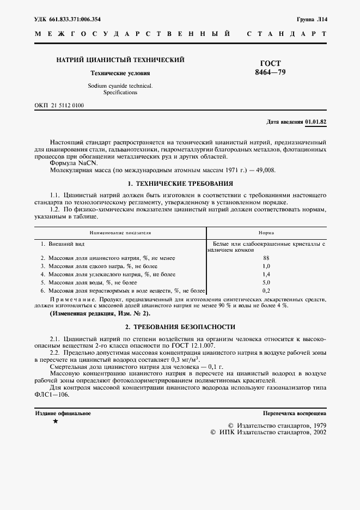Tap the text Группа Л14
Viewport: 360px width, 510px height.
(312, 19)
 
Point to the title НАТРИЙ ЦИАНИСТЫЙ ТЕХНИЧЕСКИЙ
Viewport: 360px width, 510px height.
(120, 59)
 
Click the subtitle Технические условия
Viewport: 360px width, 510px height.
(120, 72)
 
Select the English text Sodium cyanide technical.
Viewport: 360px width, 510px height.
(120, 86)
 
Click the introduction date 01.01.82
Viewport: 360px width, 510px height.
(316, 122)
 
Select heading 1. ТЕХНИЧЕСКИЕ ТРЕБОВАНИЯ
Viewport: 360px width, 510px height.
(180, 184)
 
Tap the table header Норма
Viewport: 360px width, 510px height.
(266, 232)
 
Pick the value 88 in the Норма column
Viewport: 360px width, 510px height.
(266, 258)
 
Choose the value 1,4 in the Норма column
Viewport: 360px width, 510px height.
(266, 275)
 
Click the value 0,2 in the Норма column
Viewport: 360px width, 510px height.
(266, 292)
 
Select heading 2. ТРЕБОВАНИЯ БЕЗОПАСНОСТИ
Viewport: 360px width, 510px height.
(180, 327)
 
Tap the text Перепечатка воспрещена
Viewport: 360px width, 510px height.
(294, 414)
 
